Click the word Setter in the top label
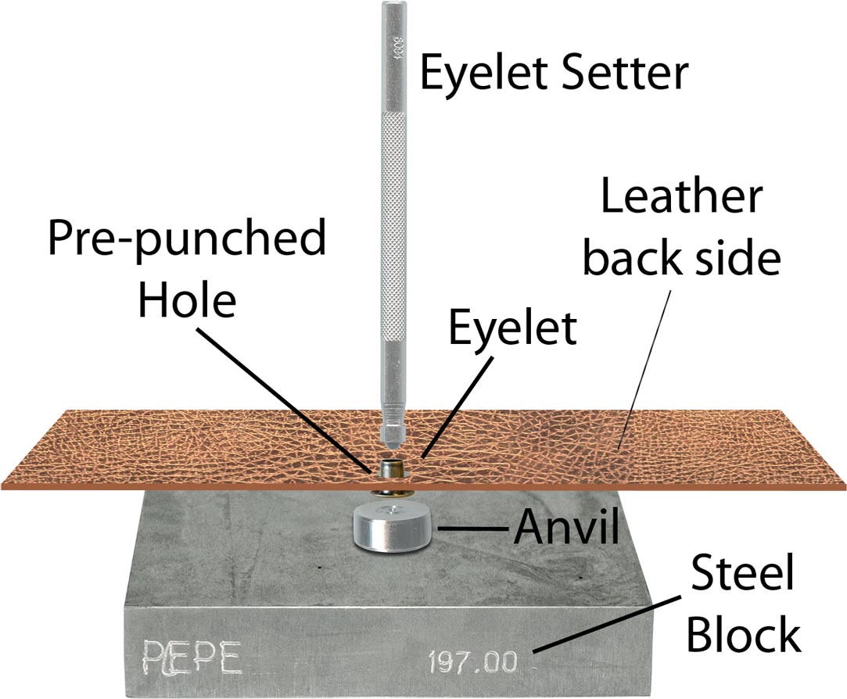[618, 74]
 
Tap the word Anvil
[565, 529]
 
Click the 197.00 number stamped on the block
[472, 664]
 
